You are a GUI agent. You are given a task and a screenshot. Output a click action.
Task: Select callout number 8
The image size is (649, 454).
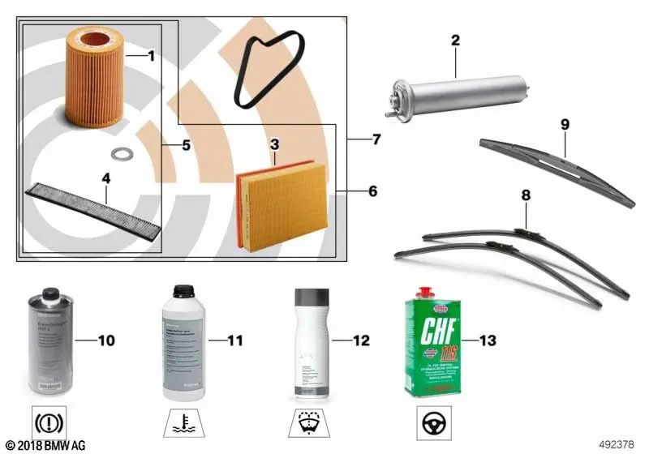(x=526, y=195)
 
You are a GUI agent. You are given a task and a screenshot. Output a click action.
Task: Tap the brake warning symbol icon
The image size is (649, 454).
(x=49, y=423)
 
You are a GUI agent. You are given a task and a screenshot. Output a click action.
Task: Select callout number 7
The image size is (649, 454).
(x=374, y=139)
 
